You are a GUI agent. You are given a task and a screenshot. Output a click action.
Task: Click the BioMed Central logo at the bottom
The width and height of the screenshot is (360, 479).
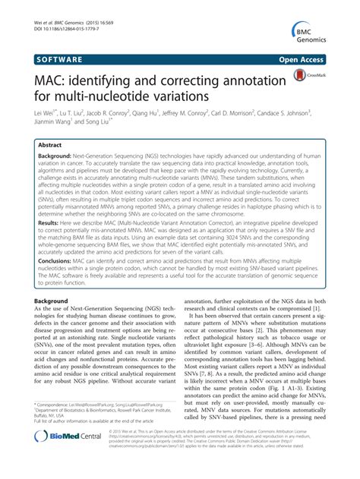pos(57,459)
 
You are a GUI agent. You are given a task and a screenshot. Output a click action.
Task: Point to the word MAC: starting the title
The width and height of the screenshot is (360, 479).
pos(50,77)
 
